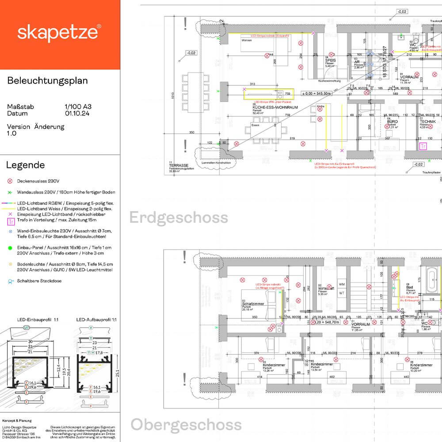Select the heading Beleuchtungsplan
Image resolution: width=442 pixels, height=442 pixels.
tap(47, 81)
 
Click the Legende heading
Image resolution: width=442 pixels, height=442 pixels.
tap(25, 165)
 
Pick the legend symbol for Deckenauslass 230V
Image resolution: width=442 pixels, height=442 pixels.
tap(10, 181)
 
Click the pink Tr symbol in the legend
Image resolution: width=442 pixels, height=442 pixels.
tap(10, 219)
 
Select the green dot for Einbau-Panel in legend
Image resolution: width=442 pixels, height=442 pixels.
tap(10, 248)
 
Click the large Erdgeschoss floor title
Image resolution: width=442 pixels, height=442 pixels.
tap(179, 217)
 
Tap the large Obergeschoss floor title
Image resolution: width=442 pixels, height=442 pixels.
tap(186, 425)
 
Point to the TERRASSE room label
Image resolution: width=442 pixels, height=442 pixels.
tap(175, 164)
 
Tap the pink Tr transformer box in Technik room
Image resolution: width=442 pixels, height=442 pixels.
tap(423, 146)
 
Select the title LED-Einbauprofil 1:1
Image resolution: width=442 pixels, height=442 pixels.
tap(22, 319)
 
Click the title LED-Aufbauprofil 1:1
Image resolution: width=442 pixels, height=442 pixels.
tap(96, 319)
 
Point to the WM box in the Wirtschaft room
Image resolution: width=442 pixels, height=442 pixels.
tap(342, 283)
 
